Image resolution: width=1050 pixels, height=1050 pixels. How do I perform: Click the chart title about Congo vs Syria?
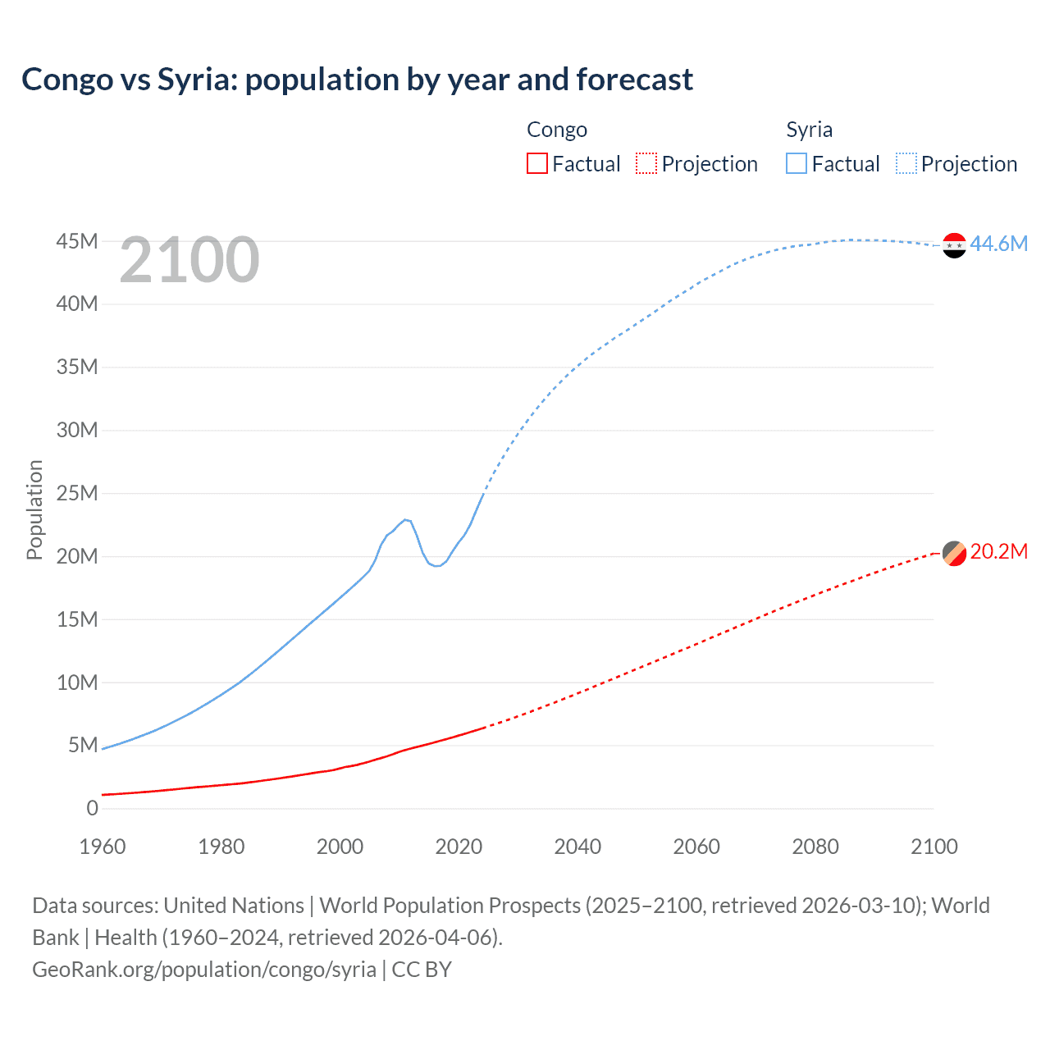pyautogui.click(x=357, y=80)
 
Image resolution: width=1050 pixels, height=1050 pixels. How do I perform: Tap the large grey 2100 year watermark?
pyautogui.click(x=189, y=261)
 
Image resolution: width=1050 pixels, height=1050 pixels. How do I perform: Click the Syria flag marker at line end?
pyautogui.click(x=954, y=245)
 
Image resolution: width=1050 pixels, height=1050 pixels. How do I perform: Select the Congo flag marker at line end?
pyautogui.click(x=954, y=554)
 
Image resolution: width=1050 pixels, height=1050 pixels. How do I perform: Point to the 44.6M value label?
pyautogui.click(x=998, y=244)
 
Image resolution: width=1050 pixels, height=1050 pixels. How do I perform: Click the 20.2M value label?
pyautogui.click(x=998, y=552)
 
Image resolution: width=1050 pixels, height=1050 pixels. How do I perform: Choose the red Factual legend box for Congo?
pyautogui.click(x=536, y=163)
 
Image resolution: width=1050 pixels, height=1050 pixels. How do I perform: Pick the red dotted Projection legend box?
pyautogui.click(x=646, y=163)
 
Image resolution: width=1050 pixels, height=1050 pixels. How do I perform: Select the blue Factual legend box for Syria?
pyautogui.click(x=797, y=163)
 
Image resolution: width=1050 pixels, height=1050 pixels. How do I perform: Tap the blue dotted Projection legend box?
pyautogui.click(x=906, y=163)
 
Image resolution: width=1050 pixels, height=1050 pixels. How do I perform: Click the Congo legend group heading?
pyautogui.click(x=557, y=130)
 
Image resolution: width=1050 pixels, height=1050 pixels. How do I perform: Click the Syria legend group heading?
pyautogui.click(x=809, y=130)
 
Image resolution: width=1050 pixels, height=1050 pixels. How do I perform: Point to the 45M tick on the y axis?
pyautogui.click(x=77, y=241)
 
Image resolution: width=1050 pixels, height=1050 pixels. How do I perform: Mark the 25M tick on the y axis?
pyautogui.click(x=77, y=493)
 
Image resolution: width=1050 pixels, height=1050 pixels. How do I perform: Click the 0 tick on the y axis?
pyautogui.click(x=92, y=808)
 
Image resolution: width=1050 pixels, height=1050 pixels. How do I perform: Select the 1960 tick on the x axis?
pyautogui.click(x=103, y=847)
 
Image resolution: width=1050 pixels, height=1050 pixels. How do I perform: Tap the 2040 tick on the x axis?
pyautogui.click(x=577, y=847)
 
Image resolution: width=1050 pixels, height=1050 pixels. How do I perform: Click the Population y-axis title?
pyautogui.click(x=34, y=509)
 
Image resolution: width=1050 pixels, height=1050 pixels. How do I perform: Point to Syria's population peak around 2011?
pyautogui.click(x=406, y=519)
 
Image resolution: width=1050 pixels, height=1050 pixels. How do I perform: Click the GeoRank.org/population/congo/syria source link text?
pyautogui.click(x=204, y=970)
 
